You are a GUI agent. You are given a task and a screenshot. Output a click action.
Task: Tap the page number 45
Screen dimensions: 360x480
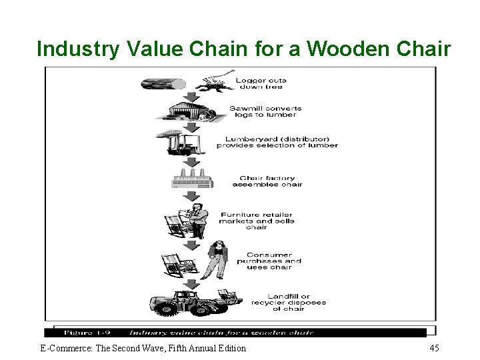pyautogui.click(x=434, y=348)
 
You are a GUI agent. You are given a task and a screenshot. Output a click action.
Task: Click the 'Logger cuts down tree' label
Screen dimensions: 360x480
pyautogui.click(x=261, y=83)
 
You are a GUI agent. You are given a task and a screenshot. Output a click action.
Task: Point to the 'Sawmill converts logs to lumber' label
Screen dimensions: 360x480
pyautogui.click(x=265, y=111)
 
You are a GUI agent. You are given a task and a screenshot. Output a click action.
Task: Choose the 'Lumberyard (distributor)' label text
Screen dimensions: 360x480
pyautogui.click(x=277, y=142)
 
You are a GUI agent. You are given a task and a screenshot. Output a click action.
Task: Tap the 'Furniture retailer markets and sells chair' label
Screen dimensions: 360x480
pyautogui.click(x=257, y=221)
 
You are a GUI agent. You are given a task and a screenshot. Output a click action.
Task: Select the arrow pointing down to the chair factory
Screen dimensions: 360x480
pyautogui.click(x=191, y=163)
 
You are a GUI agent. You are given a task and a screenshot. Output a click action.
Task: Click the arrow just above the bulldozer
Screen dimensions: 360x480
pyautogui.click(x=191, y=284)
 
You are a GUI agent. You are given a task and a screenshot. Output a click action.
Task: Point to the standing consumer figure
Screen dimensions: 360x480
pyautogui.click(x=218, y=259)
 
